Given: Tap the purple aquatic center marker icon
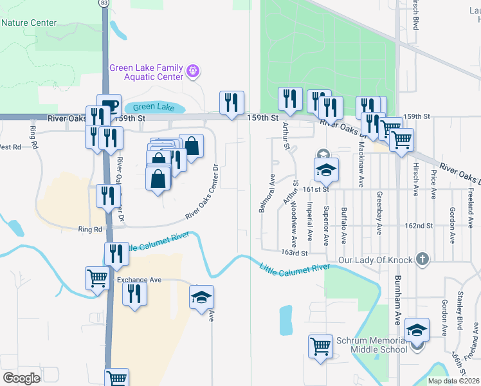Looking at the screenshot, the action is point(193,69).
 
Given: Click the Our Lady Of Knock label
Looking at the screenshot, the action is point(374,260).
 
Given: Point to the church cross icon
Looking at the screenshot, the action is point(422,260).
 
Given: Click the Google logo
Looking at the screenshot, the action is point(21,378).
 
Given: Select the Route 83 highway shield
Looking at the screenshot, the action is point(104,3).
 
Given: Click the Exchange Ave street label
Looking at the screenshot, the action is point(138,280).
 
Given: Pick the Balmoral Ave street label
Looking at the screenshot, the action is point(262,192).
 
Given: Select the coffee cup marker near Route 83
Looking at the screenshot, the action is point(109,106).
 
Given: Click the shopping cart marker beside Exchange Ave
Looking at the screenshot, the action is point(97,277).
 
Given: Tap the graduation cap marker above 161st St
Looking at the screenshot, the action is point(325,169).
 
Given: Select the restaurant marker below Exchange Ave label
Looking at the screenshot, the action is point(134,293).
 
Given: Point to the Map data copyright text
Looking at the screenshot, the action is point(453,381).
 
